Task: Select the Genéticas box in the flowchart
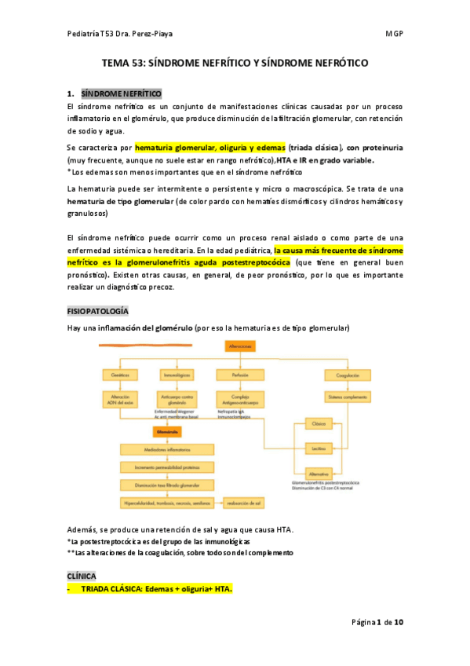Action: click(121, 375)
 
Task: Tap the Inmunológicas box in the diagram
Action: click(177, 375)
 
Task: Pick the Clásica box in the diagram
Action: click(318, 424)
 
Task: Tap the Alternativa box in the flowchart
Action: click(318, 474)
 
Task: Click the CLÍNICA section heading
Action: click(82, 576)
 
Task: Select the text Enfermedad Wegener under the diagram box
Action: click(177, 410)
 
